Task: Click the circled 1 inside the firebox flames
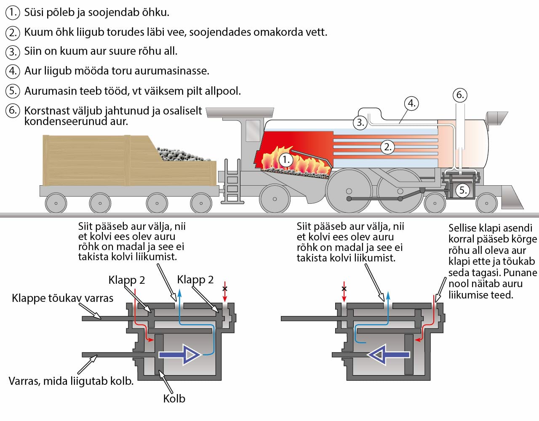(286, 160)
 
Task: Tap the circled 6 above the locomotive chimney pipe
(460, 95)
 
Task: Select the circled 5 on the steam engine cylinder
(463, 190)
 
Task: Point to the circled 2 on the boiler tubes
(387, 147)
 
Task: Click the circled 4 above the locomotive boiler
(411, 103)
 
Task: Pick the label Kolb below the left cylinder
(174, 398)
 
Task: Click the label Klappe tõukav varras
(62, 298)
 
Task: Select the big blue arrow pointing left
(388, 354)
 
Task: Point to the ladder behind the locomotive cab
(232, 181)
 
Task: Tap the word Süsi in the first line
(33, 12)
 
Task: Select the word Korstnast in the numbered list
(46, 111)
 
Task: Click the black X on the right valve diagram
(344, 289)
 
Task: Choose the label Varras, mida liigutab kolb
(71, 381)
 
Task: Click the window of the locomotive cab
(253, 131)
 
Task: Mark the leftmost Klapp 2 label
(126, 280)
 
